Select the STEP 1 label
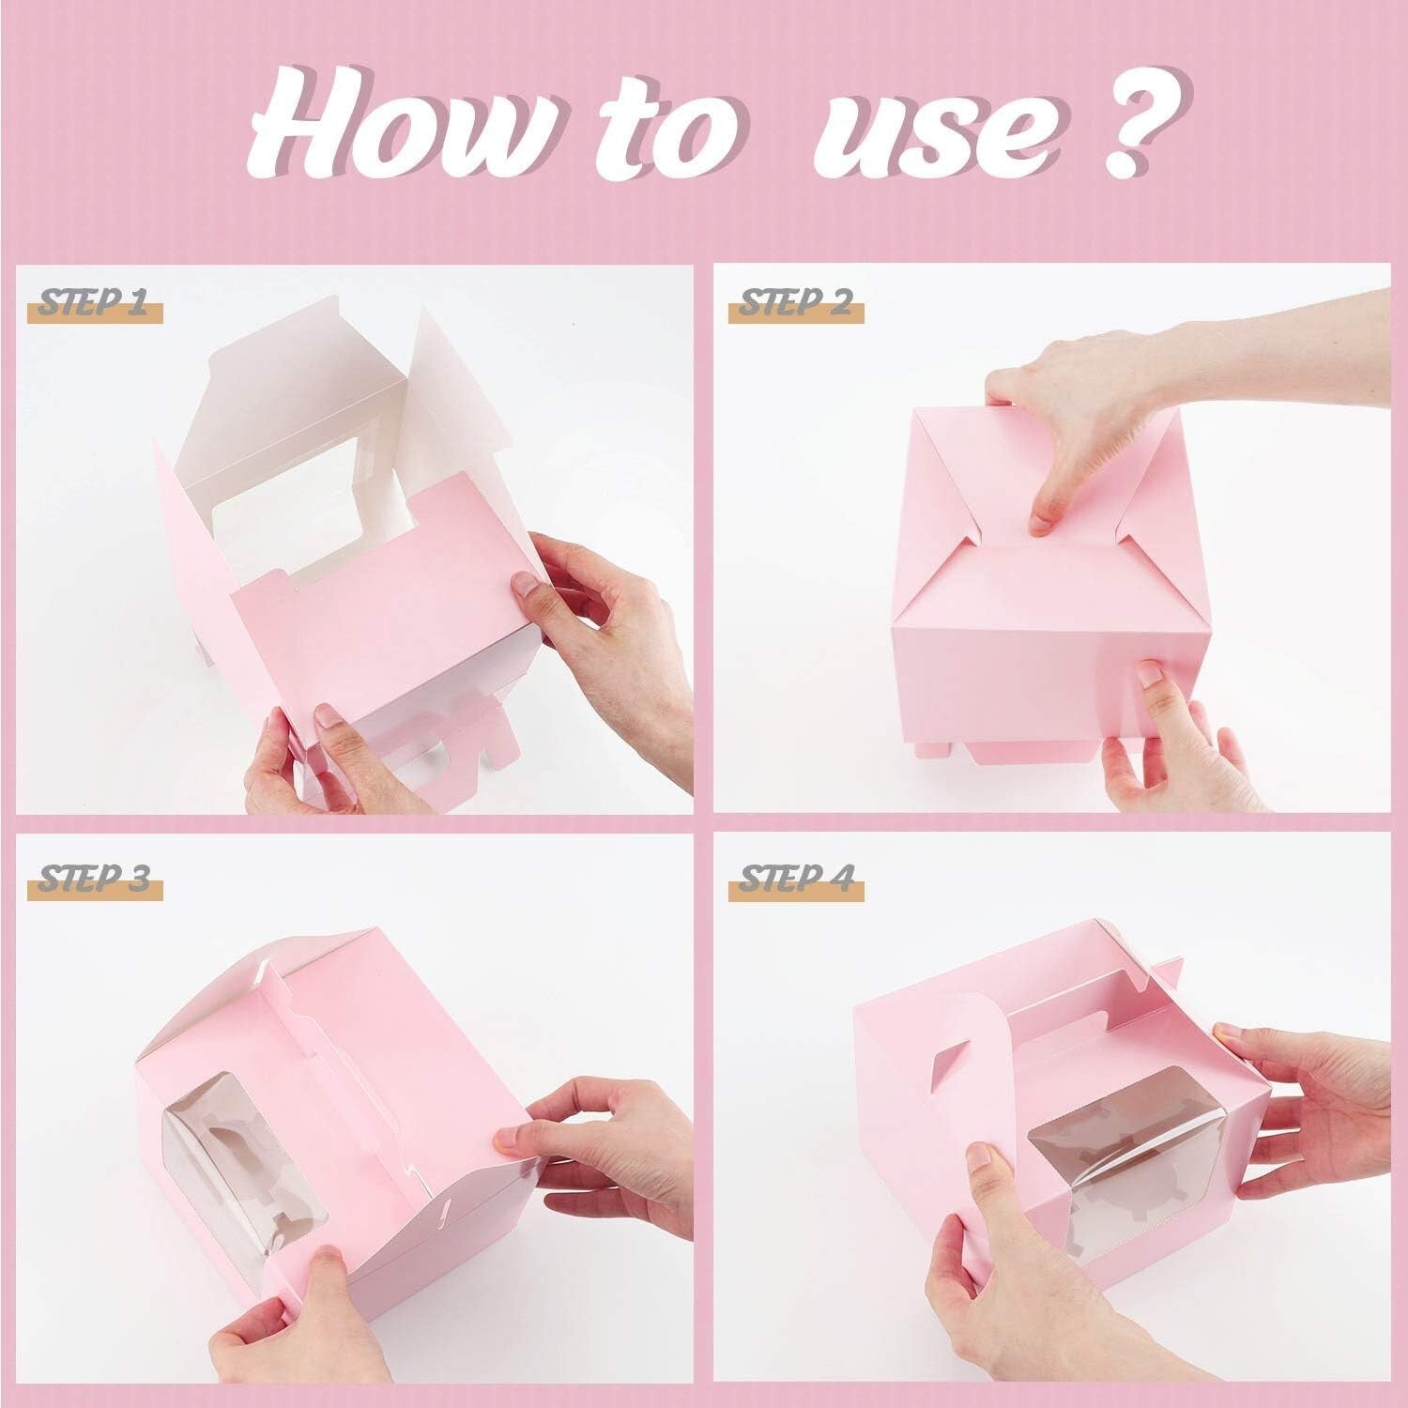pyautogui.click(x=94, y=305)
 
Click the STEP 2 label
pyautogui.click(x=794, y=305)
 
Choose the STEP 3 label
pyautogui.click(x=94, y=881)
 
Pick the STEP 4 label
pyautogui.click(x=794, y=881)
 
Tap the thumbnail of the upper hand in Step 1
pyautogui.click(x=526, y=586)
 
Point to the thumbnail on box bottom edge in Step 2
pyautogui.click(x=1149, y=674)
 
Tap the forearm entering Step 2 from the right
pyautogui.click(x=1314, y=338)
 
